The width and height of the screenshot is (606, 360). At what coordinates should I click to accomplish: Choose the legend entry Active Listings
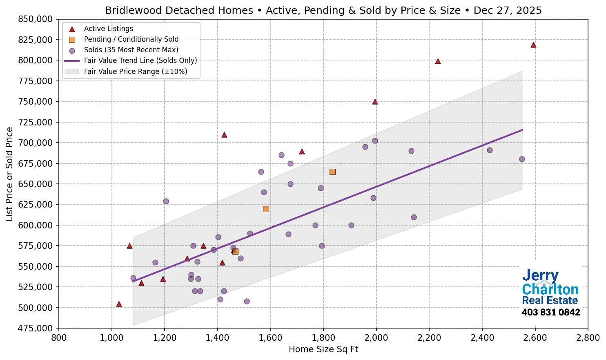(x=108, y=29)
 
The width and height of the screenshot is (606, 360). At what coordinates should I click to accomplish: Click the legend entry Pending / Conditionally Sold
(x=131, y=39)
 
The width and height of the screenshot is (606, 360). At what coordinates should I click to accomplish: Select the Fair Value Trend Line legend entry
(x=140, y=60)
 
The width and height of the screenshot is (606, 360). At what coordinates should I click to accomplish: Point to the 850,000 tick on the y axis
(x=36, y=19)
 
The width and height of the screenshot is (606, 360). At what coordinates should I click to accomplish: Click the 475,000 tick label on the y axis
(x=36, y=328)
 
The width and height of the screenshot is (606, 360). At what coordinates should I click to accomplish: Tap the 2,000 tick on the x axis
(x=376, y=338)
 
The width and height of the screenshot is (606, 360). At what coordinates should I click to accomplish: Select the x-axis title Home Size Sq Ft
(x=323, y=349)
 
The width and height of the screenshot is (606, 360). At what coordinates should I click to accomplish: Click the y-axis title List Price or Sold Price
(x=10, y=174)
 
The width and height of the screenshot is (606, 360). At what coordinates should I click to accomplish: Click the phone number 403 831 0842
(x=550, y=313)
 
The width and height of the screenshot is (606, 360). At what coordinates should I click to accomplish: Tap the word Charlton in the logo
(x=550, y=289)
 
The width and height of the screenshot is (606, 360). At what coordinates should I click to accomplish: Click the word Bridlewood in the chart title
(x=130, y=11)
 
